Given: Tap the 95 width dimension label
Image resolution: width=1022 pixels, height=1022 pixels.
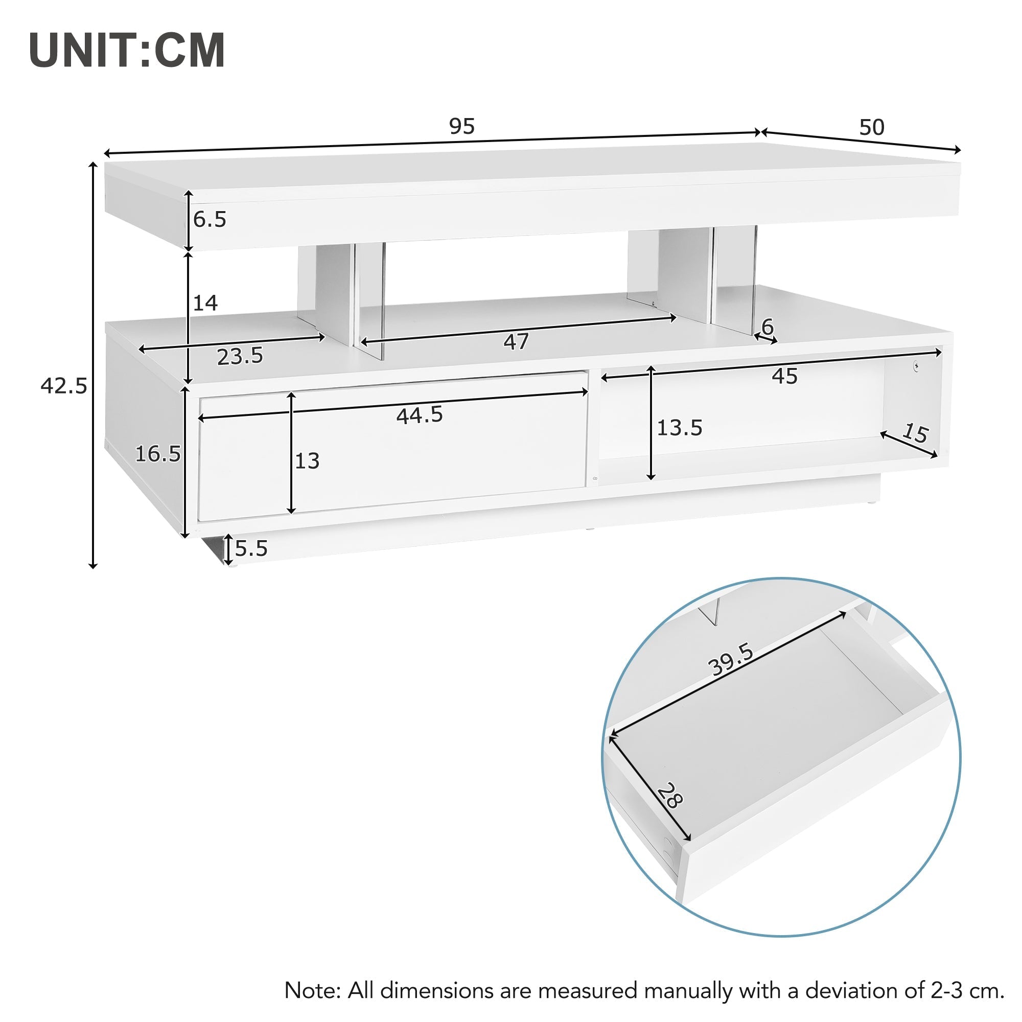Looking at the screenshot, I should click(x=462, y=126).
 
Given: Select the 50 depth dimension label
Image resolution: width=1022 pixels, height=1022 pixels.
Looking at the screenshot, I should click(x=871, y=127).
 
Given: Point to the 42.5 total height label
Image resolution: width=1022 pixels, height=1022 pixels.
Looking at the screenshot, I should click(x=63, y=386).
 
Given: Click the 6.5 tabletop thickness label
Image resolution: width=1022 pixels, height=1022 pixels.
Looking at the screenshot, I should click(x=210, y=219).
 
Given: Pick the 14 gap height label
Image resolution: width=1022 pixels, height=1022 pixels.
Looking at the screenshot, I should click(x=205, y=303).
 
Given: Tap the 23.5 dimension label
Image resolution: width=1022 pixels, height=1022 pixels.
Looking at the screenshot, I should click(x=240, y=356).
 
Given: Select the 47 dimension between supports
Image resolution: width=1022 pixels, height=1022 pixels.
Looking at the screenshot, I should click(x=516, y=342).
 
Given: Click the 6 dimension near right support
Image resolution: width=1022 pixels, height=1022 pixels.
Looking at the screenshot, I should click(x=767, y=327).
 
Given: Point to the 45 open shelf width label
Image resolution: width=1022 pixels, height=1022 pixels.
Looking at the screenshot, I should click(x=784, y=376).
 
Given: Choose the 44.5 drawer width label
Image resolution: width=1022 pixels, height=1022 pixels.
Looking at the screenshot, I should click(x=420, y=415).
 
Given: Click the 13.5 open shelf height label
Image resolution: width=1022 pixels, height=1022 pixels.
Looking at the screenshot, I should click(x=679, y=427).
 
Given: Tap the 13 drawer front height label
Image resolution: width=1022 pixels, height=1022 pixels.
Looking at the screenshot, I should click(x=307, y=461).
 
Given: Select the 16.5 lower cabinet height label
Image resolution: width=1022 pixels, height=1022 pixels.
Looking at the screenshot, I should click(x=157, y=454).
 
